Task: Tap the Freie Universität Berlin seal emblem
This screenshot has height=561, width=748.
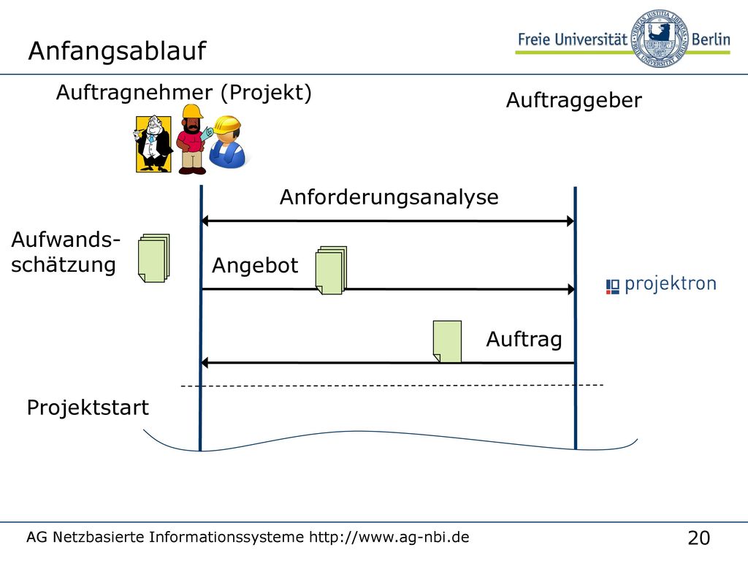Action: tap(659, 38)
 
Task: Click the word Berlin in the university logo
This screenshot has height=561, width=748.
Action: tap(711, 39)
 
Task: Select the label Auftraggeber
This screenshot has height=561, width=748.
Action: tap(574, 101)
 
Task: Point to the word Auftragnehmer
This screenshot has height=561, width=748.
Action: tap(134, 92)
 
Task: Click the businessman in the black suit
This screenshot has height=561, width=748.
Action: tap(153, 144)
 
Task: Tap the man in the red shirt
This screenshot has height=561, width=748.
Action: tap(191, 140)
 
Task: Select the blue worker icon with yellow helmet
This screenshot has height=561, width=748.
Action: tap(228, 142)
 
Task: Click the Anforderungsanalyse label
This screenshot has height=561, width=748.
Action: tap(389, 197)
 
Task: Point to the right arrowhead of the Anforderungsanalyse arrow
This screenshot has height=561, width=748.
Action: tap(570, 221)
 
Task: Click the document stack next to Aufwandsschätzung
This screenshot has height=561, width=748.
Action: tap(153, 258)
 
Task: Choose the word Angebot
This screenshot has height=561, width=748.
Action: tap(255, 266)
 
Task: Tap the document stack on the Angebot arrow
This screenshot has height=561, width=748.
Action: tap(331, 270)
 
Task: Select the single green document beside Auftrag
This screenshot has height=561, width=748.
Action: tap(447, 342)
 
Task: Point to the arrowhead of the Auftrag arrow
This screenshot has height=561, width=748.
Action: tap(205, 363)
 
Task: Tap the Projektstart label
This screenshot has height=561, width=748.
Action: tap(88, 408)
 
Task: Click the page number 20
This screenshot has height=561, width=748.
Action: tap(699, 538)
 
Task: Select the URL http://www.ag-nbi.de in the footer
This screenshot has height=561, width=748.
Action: tap(389, 537)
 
